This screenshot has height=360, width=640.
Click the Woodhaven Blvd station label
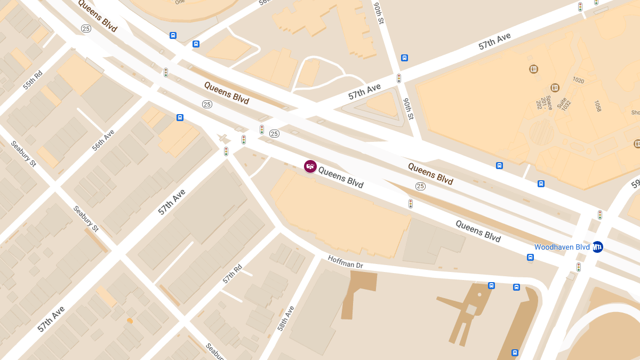[x=562, y=247]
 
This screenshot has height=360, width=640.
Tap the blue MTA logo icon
[x=597, y=247]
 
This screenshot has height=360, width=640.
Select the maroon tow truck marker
[x=310, y=166]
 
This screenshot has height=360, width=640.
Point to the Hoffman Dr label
[x=345, y=261]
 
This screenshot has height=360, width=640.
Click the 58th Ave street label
[x=286, y=318]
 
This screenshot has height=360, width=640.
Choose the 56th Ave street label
[x=103, y=140]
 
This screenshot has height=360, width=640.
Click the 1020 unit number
[x=578, y=81]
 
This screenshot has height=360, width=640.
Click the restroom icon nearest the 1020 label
[x=555, y=87]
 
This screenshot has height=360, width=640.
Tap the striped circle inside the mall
[x=541, y=131]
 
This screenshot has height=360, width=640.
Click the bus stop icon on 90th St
[x=404, y=58]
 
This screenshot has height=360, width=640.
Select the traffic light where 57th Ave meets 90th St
[x=398, y=78]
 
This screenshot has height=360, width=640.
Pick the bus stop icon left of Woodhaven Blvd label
[x=530, y=257]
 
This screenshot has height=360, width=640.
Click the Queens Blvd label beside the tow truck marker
[x=340, y=177]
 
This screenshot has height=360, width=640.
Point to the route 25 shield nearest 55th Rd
[x=85, y=28]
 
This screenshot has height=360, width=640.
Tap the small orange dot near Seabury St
[x=130, y=321]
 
